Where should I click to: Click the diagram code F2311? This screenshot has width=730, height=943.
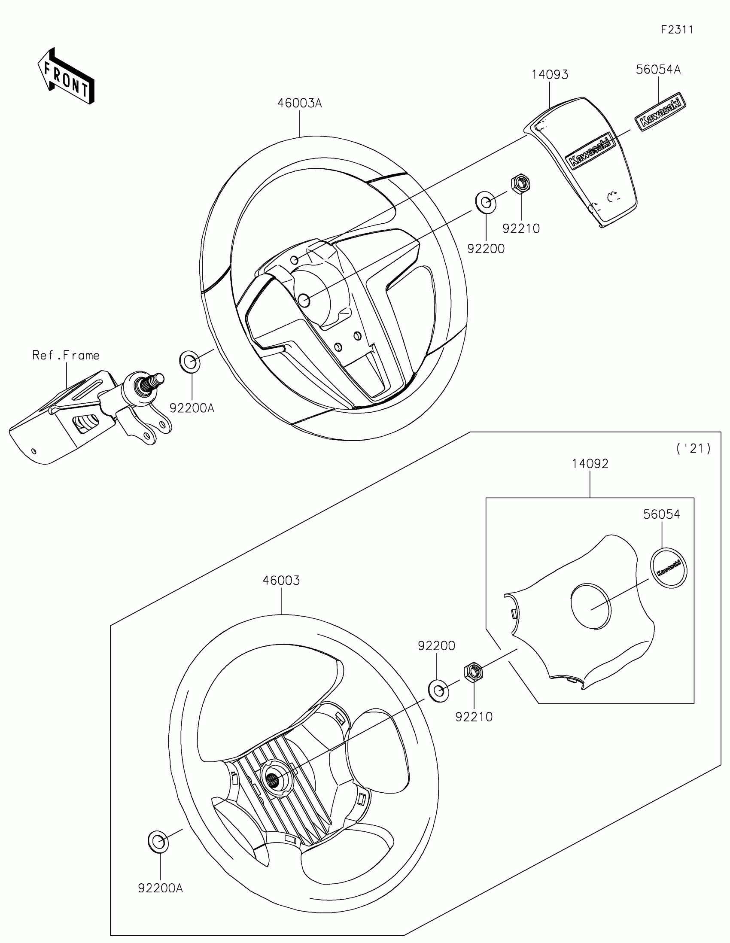click(676, 30)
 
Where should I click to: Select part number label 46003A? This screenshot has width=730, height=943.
click(300, 103)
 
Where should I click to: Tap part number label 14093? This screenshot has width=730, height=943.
click(550, 75)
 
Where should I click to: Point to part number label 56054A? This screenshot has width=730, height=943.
click(658, 70)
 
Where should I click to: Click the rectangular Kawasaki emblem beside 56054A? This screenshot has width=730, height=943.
click(660, 112)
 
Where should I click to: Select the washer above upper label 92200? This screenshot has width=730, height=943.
click(486, 202)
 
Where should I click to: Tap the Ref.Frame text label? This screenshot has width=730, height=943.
click(66, 356)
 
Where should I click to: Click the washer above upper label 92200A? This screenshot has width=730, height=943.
click(189, 362)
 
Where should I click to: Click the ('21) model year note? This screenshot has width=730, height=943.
click(693, 449)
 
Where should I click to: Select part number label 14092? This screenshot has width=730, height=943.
click(590, 464)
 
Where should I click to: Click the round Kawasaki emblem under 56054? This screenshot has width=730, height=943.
click(668, 568)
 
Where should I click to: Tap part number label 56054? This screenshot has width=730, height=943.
click(661, 514)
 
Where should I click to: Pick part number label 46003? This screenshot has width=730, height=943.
click(281, 580)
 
